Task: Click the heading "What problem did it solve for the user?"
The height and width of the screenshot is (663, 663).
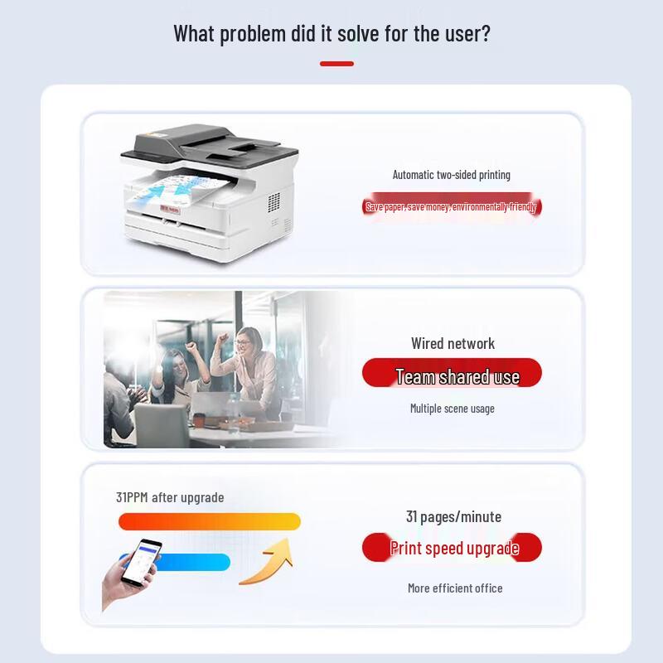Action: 332,34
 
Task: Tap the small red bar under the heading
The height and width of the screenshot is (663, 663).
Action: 336,64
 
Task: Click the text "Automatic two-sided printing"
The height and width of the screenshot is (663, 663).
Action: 452,175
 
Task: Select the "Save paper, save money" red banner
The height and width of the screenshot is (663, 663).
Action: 452,206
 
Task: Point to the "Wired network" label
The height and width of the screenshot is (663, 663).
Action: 452,343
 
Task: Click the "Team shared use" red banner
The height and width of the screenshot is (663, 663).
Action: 452,372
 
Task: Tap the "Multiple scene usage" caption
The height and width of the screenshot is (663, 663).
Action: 452,409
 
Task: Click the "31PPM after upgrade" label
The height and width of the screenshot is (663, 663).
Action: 170,497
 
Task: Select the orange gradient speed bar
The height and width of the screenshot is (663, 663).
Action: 210,521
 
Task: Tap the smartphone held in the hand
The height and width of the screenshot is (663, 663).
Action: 142,563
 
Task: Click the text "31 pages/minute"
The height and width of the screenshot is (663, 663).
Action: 453,516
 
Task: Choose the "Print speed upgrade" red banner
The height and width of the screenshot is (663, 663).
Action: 452,548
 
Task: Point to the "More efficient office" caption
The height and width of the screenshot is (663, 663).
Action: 455,588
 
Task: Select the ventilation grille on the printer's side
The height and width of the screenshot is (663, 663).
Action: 274,202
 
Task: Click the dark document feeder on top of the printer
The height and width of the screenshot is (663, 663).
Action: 210,142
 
